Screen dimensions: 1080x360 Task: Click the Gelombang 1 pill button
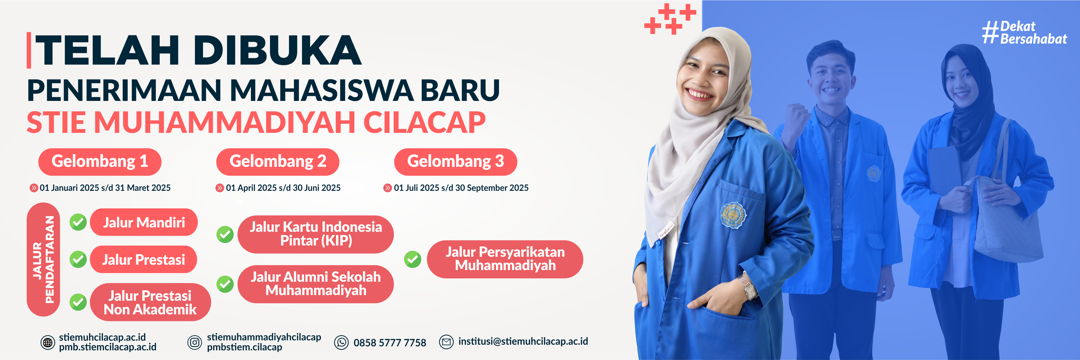coord(100,162)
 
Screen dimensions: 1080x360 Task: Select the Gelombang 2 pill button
coord(278,162)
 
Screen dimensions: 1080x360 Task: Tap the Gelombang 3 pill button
coord(455,162)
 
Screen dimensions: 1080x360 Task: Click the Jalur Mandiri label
coord(144,222)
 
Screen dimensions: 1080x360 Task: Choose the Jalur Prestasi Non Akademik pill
coord(150,302)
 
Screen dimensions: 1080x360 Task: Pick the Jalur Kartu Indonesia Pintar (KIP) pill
coord(316,234)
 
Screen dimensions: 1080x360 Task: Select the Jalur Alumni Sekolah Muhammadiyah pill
coord(316,284)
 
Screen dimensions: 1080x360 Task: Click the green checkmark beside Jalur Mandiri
coord(78,222)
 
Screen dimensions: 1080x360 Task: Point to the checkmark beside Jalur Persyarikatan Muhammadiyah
coord(413,259)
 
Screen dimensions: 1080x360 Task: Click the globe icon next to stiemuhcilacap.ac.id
coord(48,342)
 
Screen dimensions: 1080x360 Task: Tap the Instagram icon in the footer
coord(195,342)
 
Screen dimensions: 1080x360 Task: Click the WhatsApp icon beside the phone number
coord(341,342)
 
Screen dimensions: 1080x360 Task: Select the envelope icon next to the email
coord(446,342)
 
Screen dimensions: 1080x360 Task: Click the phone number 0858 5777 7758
coord(390,343)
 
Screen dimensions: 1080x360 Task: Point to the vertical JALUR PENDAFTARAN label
coord(43,259)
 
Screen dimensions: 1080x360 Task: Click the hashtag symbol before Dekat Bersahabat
coord(991,32)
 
